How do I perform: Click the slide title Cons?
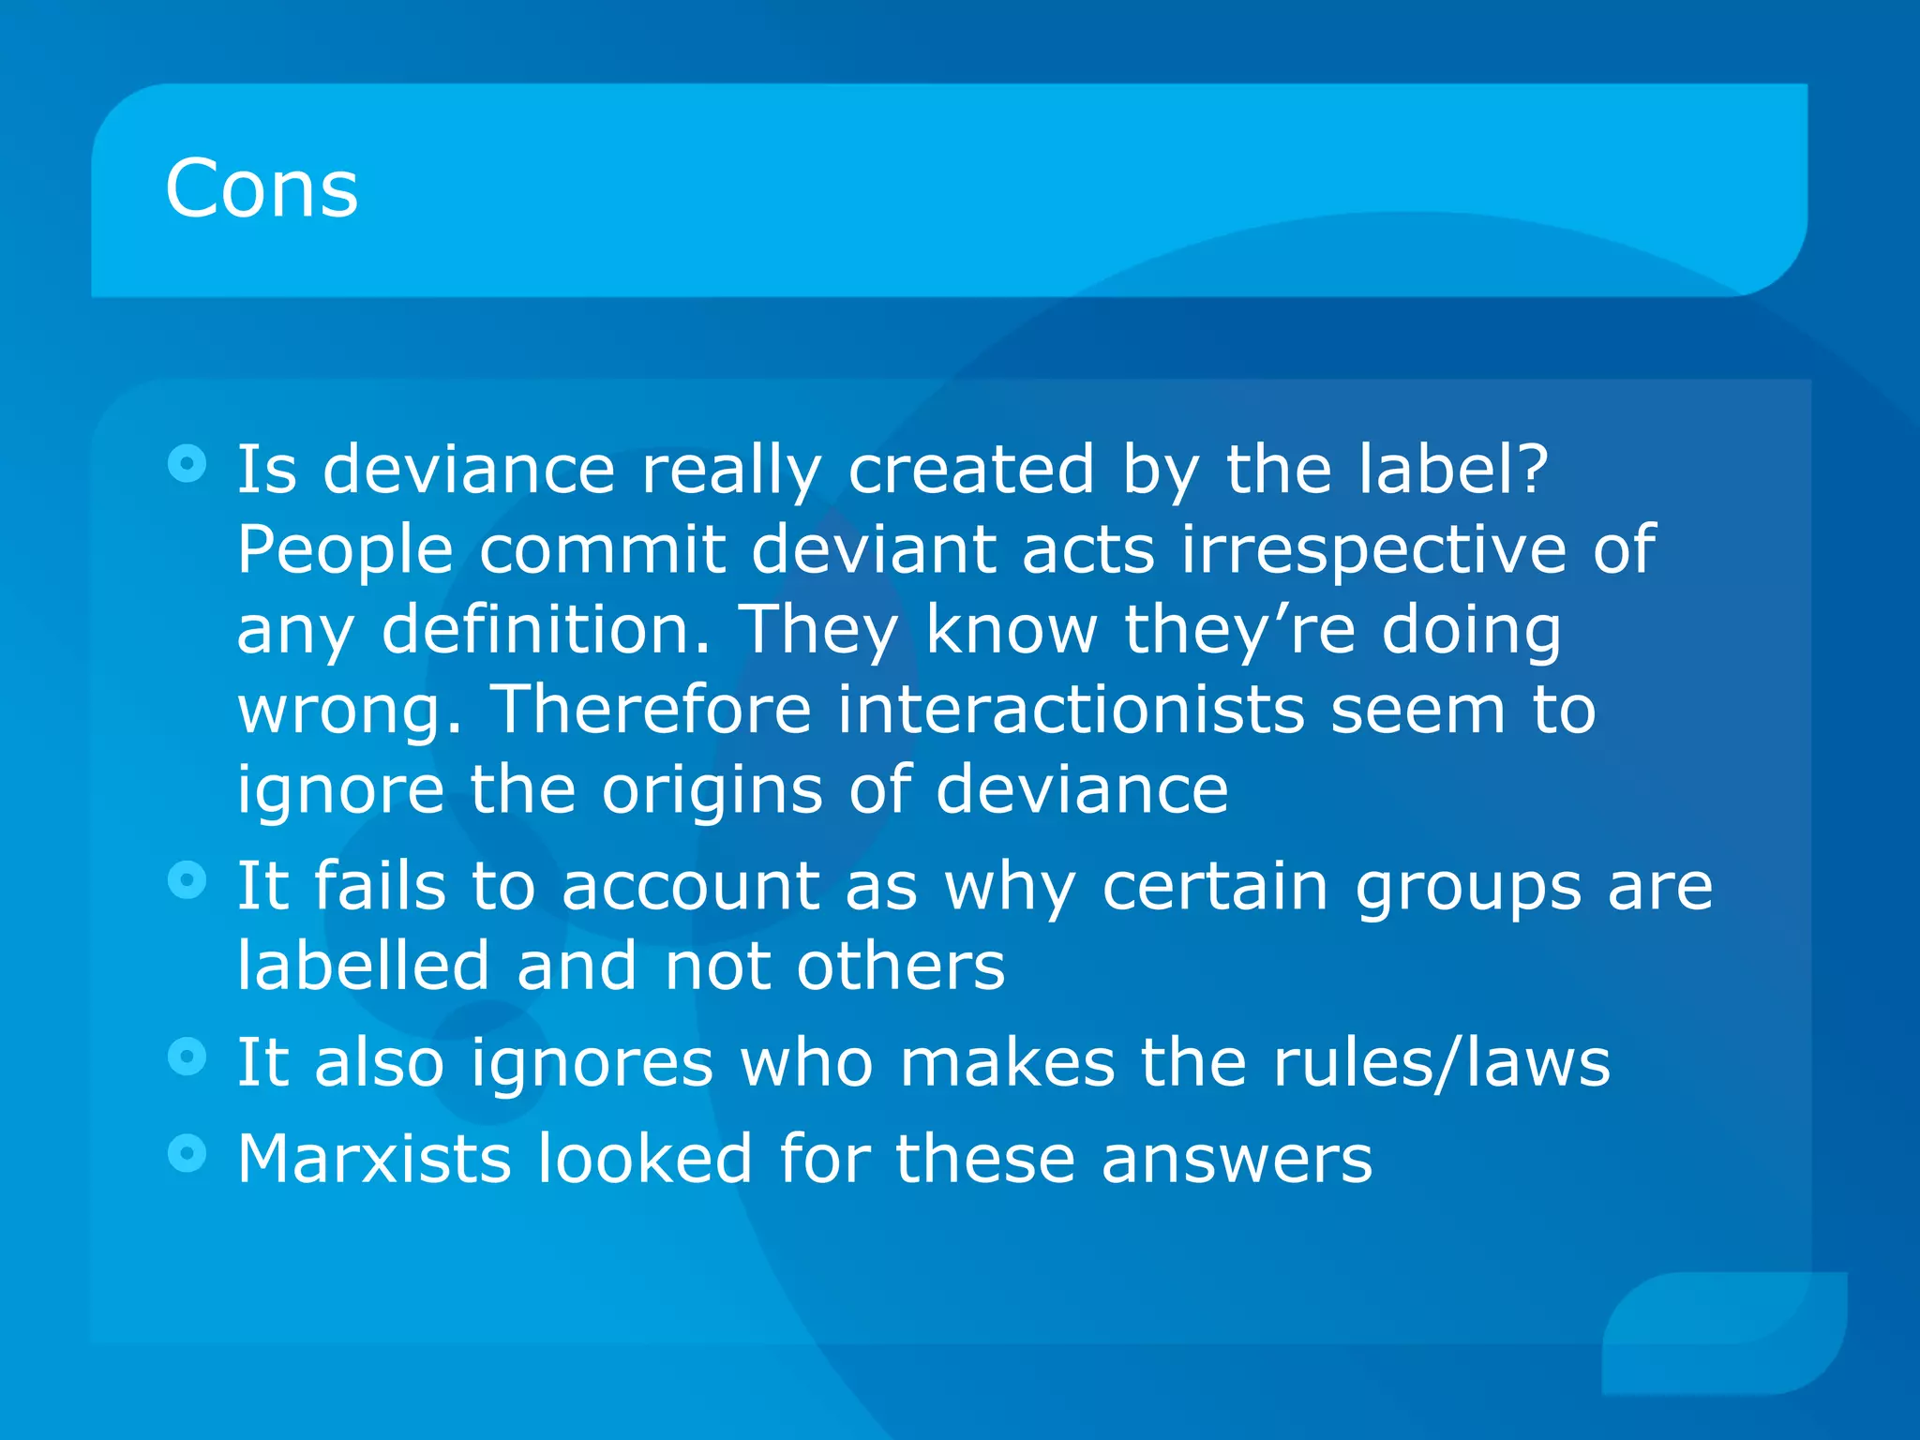coord(262,188)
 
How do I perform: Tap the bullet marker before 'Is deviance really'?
coord(187,463)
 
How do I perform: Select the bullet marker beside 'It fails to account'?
coord(187,880)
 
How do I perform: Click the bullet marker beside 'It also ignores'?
coord(187,1057)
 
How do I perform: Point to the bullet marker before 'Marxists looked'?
coord(187,1153)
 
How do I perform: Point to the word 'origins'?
coord(712,790)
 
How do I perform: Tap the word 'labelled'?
coord(364,966)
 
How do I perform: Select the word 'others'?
coord(901,966)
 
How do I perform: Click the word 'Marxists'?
coord(374,1159)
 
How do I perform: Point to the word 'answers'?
coord(1237,1159)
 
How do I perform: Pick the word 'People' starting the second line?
coord(345,550)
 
